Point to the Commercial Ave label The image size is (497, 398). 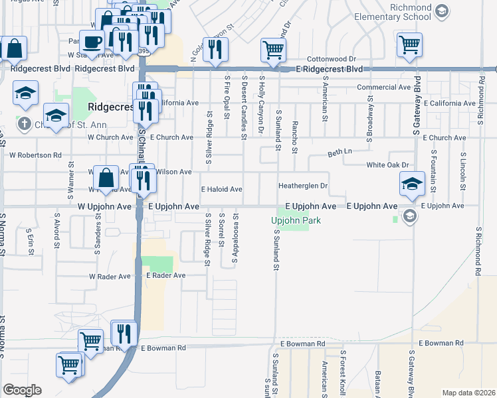coord(383,87)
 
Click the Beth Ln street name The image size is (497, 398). coord(340,153)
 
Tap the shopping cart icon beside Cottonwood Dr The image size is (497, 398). coord(274,49)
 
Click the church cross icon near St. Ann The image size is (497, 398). coord(24,123)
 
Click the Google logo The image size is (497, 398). coord(22,390)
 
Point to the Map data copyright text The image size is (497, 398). coord(469,393)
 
